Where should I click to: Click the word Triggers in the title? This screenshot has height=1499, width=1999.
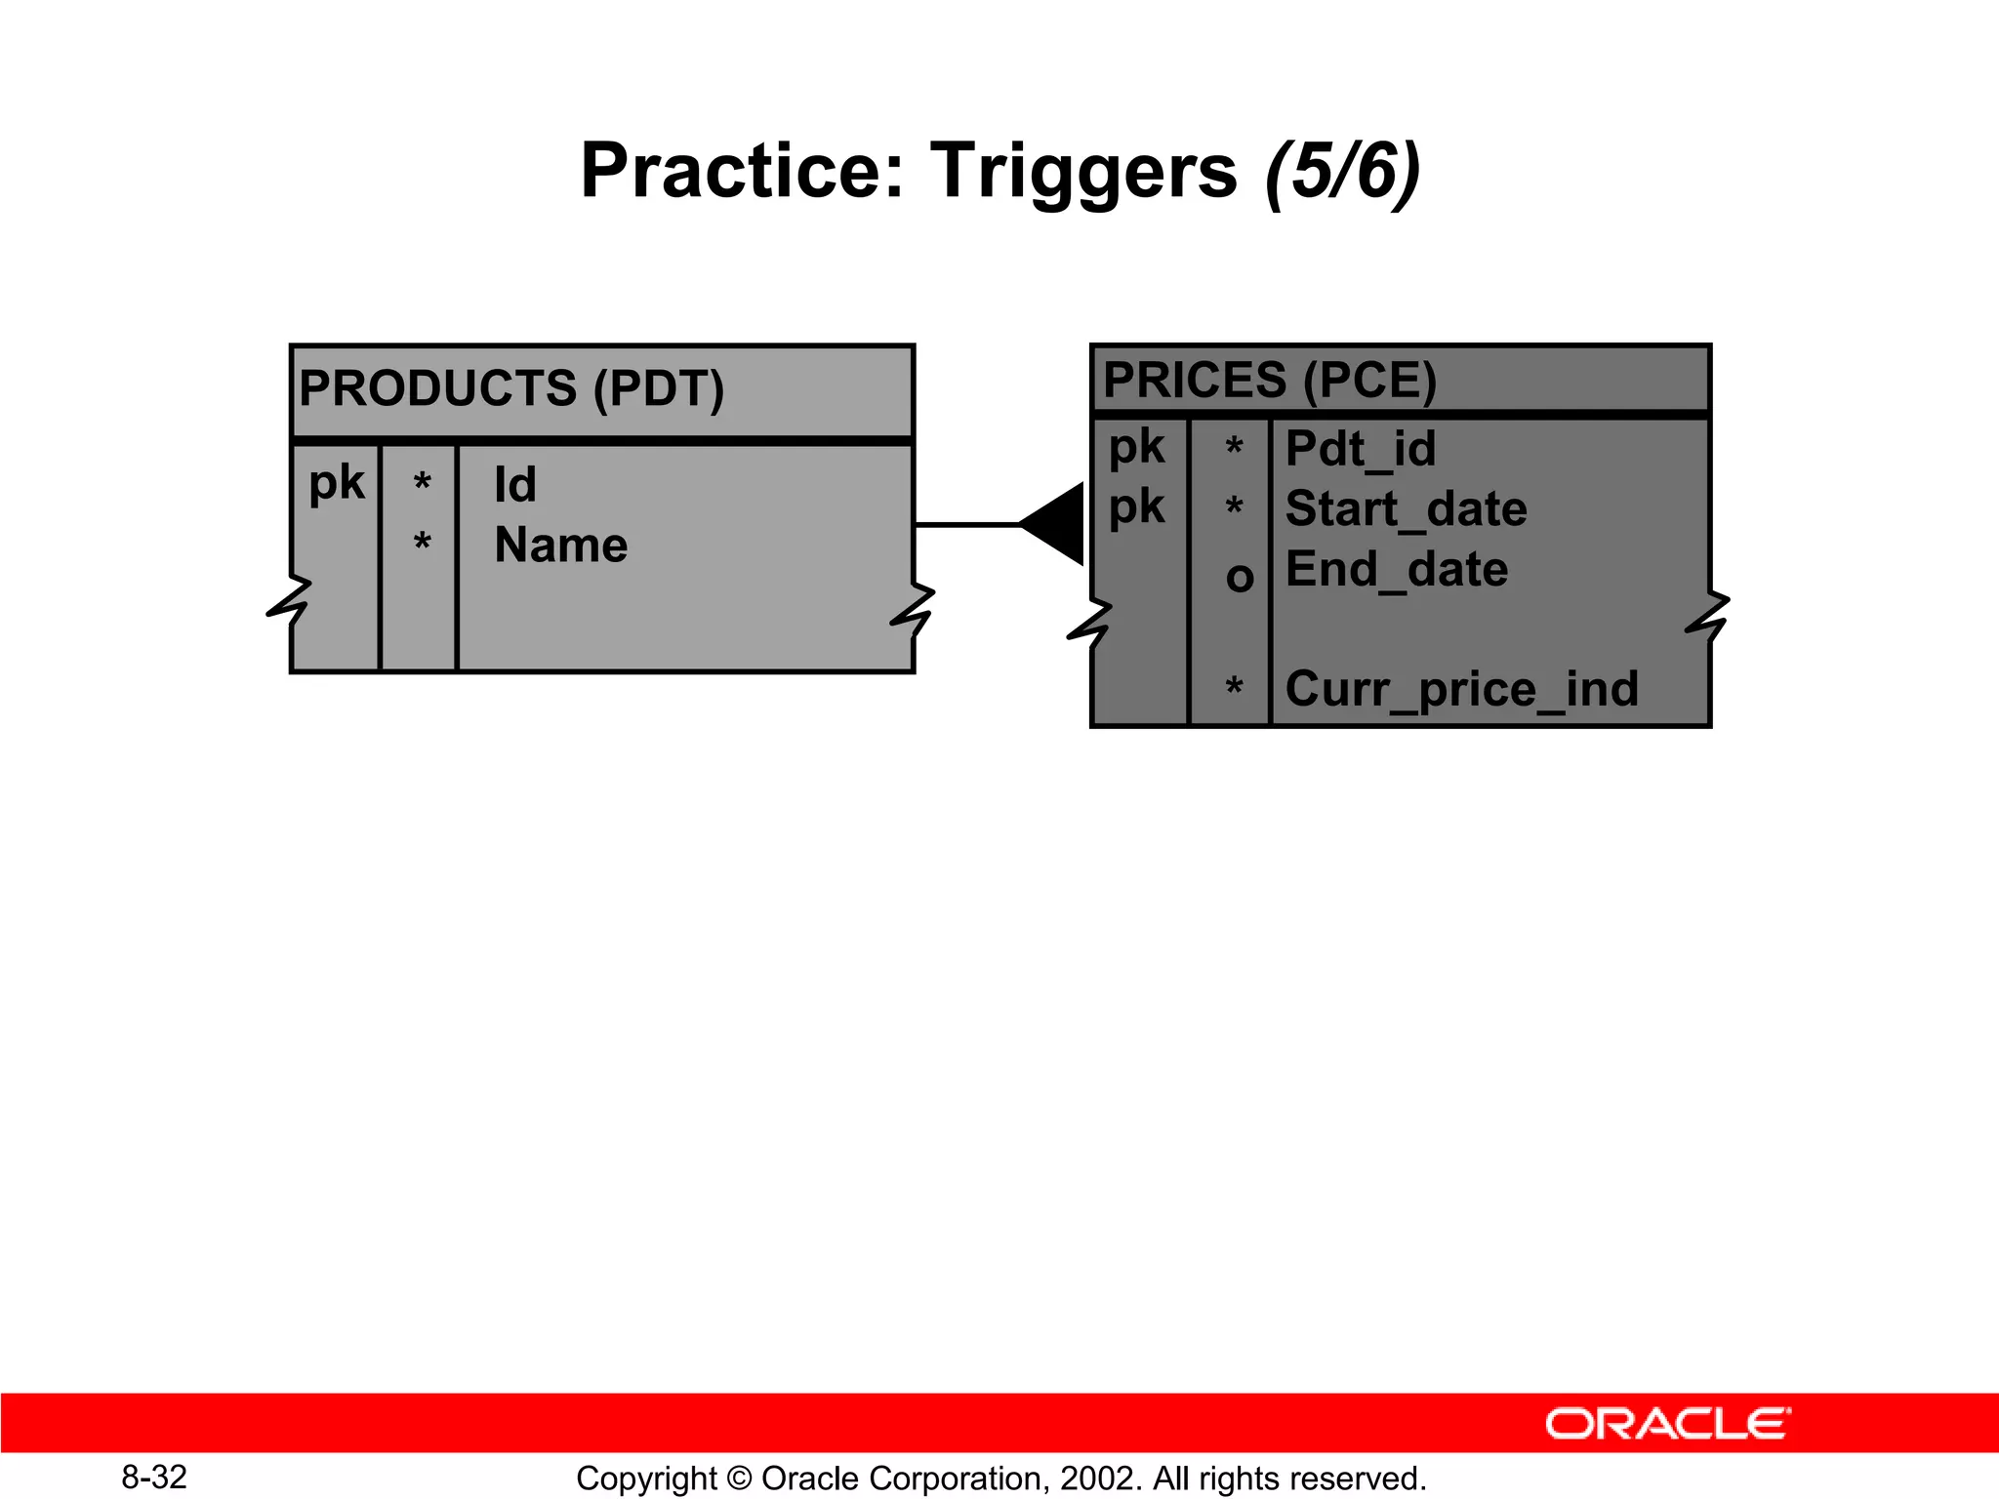point(1083,172)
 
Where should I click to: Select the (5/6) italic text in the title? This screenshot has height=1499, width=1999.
point(1342,172)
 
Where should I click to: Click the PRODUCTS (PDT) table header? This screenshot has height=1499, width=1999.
point(511,388)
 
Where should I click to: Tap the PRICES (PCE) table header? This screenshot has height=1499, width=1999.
point(1269,380)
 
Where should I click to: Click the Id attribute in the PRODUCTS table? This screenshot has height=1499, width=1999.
point(514,485)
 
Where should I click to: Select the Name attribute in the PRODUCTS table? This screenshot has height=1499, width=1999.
point(560,545)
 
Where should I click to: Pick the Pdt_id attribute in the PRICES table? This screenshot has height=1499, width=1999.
point(1360,450)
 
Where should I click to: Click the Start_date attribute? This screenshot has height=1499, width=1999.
point(1406,509)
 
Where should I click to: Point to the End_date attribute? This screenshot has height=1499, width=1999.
point(1396,569)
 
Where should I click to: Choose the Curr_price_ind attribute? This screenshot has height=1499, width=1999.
point(1461,689)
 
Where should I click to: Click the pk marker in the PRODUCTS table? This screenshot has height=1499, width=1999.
point(336,483)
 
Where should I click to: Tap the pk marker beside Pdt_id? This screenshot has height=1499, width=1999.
point(1136,448)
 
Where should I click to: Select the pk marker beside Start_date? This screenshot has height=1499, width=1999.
point(1136,507)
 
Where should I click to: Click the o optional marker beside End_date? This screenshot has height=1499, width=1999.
point(1239,577)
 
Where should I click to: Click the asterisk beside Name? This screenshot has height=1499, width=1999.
point(422,542)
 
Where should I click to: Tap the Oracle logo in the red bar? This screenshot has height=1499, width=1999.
point(1667,1424)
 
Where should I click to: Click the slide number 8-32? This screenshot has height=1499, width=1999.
point(154,1478)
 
